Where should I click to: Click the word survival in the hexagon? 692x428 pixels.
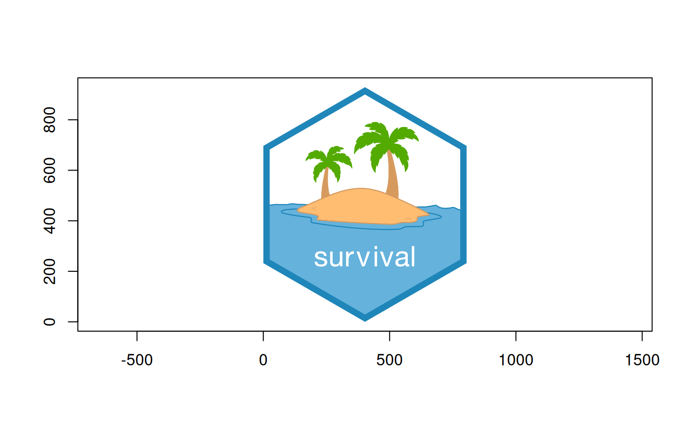[365, 257]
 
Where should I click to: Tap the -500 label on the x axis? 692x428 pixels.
[137, 360]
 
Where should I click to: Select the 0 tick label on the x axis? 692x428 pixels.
[263, 360]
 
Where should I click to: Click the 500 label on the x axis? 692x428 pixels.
[389, 360]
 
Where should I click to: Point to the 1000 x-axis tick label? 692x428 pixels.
[516, 360]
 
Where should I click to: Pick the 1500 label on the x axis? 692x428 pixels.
[642, 360]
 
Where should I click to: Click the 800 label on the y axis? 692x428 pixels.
[49, 120]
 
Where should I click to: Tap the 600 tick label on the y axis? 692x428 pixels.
[49, 171]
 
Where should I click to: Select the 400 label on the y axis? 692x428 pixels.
[49, 221]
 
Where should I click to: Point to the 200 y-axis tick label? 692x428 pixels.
[49, 271]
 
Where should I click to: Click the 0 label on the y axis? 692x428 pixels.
[49, 322]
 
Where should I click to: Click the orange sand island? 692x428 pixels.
[363, 207]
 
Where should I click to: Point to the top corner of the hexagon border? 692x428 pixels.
[365, 88]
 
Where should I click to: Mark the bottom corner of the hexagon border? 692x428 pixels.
[365, 321]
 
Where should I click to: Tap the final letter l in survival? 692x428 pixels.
[413, 257]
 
